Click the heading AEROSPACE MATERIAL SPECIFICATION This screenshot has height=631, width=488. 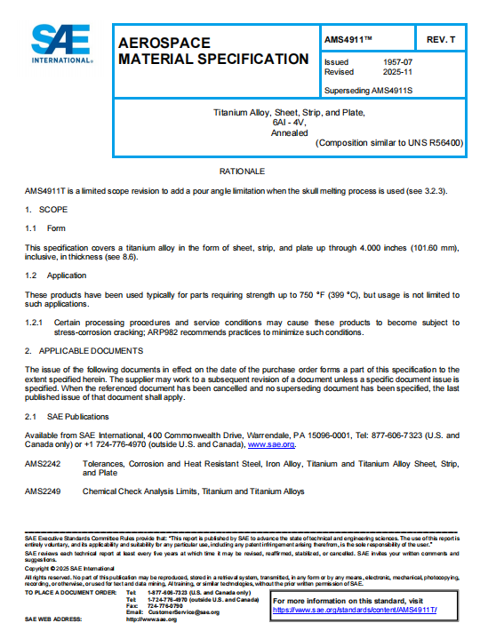coord(212,51)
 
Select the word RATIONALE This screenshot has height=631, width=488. coord(242,171)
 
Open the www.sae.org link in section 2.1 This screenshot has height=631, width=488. coord(271,443)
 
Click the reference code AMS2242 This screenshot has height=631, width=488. coord(44,463)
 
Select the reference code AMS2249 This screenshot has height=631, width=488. coord(44,491)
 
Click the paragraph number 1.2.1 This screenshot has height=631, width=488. coord(36,321)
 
